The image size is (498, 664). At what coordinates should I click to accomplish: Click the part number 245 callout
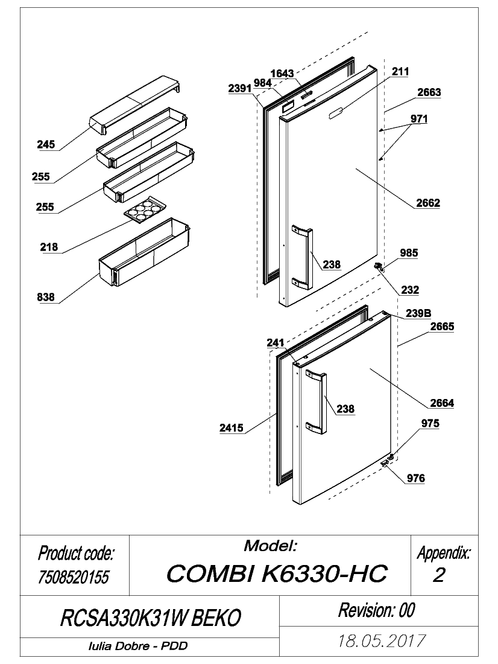(x=46, y=144)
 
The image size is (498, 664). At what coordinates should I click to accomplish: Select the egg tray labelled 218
(x=145, y=209)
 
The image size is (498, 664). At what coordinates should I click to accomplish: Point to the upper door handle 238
(x=302, y=258)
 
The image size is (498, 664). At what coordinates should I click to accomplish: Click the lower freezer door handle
(x=316, y=401)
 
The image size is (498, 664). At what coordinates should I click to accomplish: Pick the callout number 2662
(x=428, y=203)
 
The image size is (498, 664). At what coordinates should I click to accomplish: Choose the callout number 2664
(x=442, y=403)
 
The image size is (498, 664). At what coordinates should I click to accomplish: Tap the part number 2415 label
(x=232, y=428)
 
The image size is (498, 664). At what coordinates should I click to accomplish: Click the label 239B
(x=418, y=313)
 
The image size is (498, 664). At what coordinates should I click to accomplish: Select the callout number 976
(x=416, y=479)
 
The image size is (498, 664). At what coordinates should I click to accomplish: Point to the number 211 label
(x=400, y=72)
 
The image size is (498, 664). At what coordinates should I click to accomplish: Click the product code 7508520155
(x=74, y=576)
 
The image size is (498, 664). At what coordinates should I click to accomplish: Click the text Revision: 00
(x=377, y=610)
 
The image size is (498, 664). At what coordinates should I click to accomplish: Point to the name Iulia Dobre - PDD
(x=138, y=646)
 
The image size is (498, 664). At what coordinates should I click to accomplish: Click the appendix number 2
(x=439, y=575)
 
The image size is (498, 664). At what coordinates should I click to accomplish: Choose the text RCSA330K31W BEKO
(x=151, y=618)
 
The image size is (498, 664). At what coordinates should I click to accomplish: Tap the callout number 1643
(x=282, y=73)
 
